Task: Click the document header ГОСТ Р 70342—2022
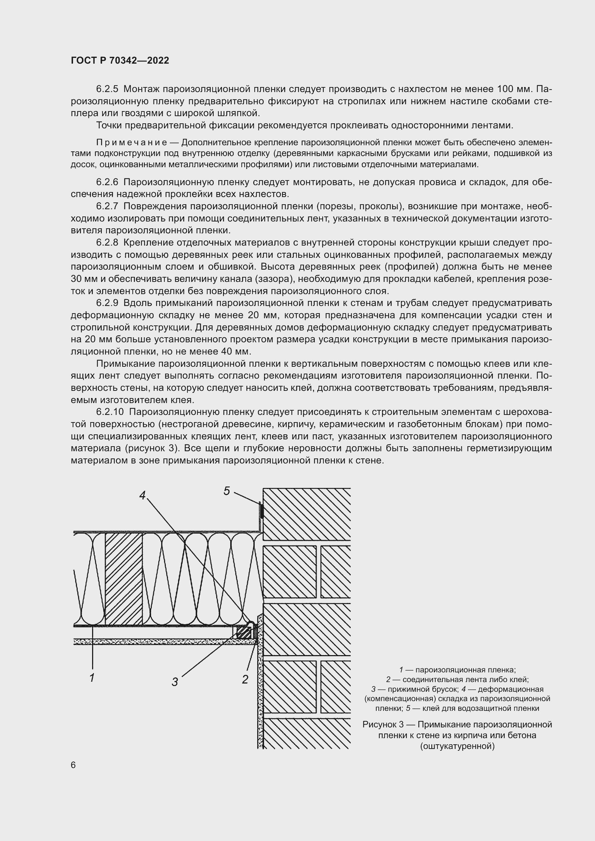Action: pyautogui.click(x=120, y=61)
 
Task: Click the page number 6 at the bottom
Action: pyautogui.click(x=73, y=765)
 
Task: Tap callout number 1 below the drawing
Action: pyautogui.click(x=92, y=678)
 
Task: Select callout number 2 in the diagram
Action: pyautogui.click(x=245, y=680)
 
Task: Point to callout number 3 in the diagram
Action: pyautogui.click(x=175, y=682)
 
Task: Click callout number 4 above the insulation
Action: pyautogui.click(x=142, y=495)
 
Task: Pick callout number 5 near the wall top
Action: pyautogui.click(x=226, y=491)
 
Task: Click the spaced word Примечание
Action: pyautogui.click(x=132, y=142)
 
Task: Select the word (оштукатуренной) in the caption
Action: pyautogui.click(x=457, y=746)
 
